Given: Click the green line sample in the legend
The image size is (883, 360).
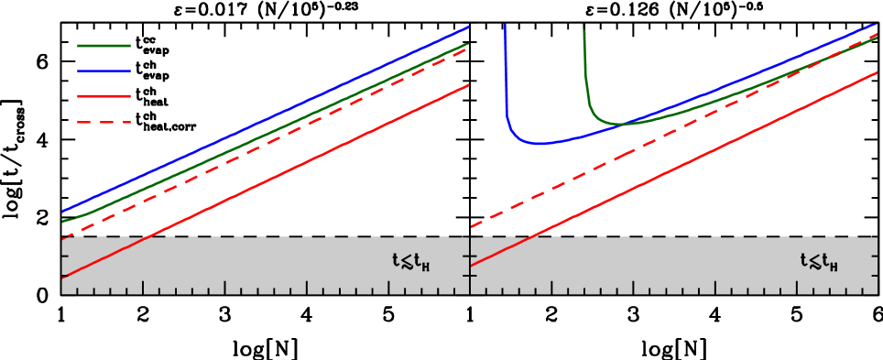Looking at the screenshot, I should pyautogui.click(x=104, y=45).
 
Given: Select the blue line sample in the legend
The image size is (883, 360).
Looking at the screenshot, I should pyautogui.click(x=104, y=71).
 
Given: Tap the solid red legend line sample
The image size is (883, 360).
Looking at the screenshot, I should pyautogui.click(x=104, y=96).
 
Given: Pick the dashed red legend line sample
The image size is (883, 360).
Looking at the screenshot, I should pyautogui.click(x=104, y=122).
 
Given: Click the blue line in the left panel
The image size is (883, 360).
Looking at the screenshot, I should pyautogui.click(x=266, y=119).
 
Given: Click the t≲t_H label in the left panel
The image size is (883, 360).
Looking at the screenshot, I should pyautogui.click(x=411, y=263).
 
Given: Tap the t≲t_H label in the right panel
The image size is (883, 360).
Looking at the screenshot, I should pyautogui.click(x=819, y=263).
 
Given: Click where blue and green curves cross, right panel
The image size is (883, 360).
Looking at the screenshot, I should pyautogui.click(x=623, y=124).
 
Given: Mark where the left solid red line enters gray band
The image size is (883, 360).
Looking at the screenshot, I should pyautogui.click(x=147, y=238).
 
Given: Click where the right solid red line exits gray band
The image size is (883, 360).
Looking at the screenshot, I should pyautogui.click(x=535, y=238).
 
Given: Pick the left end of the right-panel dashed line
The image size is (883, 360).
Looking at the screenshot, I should pyautogui.click(x=473, y=226).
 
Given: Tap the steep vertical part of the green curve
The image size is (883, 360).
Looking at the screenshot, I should pyautogui.click(x=584, y=64).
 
